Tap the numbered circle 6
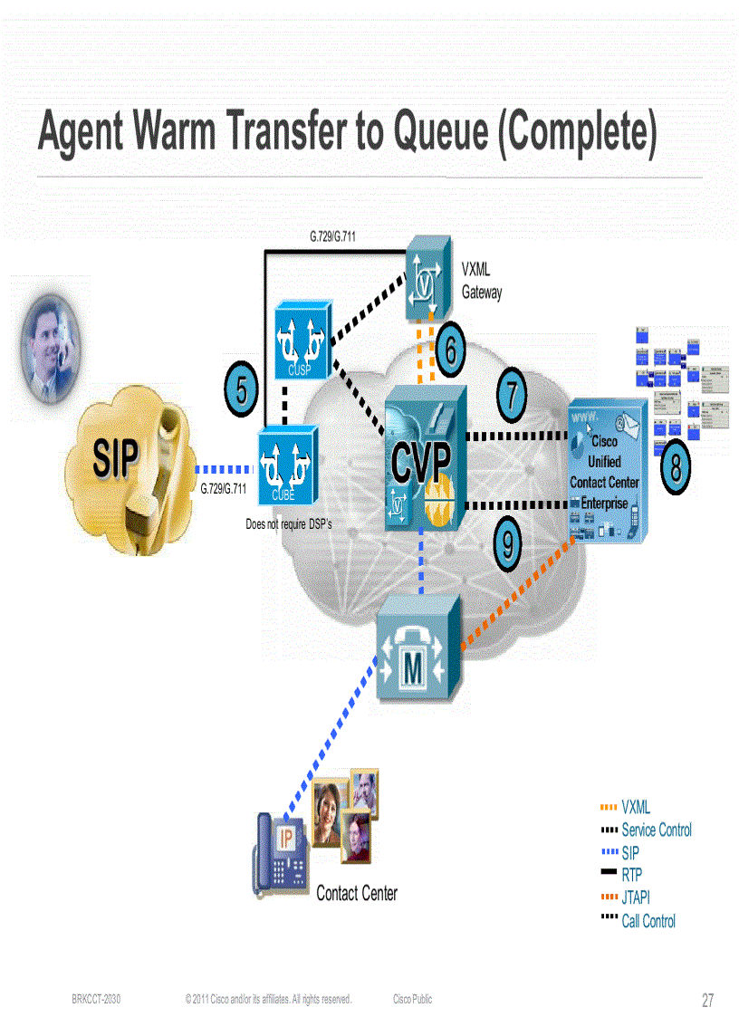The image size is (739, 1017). [451, 350]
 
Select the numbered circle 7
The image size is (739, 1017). [513, 395]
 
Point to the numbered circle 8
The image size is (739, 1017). [676, 469]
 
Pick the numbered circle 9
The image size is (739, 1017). [508, 544]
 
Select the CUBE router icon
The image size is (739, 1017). [285, 465]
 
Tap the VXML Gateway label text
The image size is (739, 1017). [481, 281]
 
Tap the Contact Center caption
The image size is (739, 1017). [357, 894]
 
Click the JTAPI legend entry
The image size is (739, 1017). [635, 898]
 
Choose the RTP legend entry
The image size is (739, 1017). [631, 876]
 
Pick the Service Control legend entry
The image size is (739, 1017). [656, 830]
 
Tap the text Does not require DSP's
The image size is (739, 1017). [289, 524]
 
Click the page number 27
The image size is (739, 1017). [707, 1001]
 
